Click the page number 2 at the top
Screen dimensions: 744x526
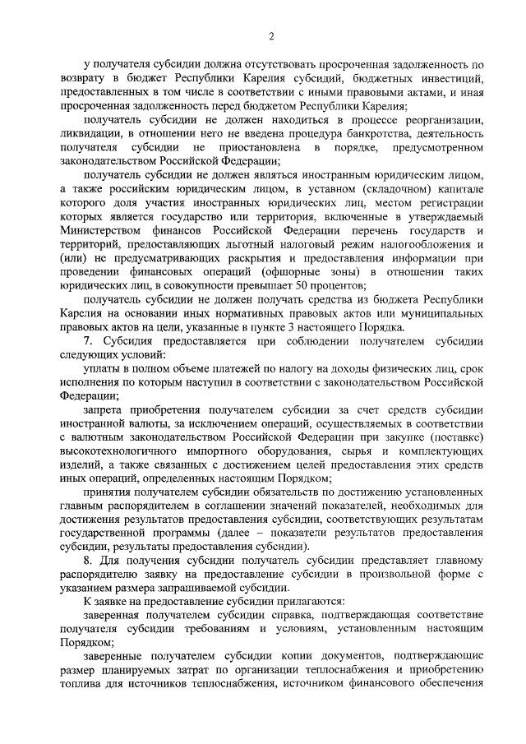tap(270, 35)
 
